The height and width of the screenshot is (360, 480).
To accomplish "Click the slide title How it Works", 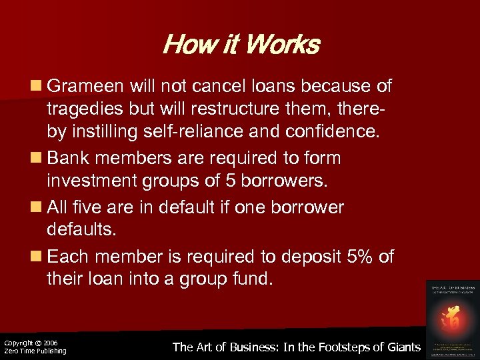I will [x=241, y=45].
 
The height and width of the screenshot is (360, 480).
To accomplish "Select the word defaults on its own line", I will [x=79, y=230].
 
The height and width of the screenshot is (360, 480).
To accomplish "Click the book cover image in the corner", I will [x=453, y=318].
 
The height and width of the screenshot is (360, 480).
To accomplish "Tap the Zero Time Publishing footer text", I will [x=35, y=351].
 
